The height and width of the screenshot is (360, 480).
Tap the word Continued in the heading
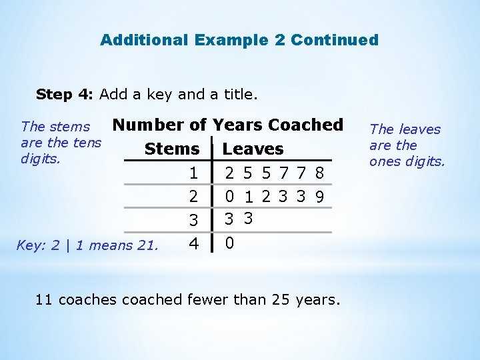click(x=335, y=40)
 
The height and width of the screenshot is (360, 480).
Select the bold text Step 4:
click(x=65, y=94)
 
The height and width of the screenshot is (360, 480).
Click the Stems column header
click(x=172, y=149)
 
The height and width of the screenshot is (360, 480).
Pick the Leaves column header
click(x=253, y=149)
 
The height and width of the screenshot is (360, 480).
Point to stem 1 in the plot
click(x=193, y=174)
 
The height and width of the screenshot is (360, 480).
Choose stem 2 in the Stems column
click(x=193, y=197)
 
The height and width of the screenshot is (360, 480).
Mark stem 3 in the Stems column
click(x=193, y=219)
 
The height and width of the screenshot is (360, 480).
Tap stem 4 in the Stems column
click(x=193, y=243)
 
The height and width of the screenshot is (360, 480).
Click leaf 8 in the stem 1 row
click(x=320, y=174)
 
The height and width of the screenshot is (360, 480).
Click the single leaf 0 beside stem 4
click(x=229, y=243)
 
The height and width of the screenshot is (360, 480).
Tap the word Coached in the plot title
click(x=305, y=125)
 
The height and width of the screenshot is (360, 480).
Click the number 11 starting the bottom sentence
click(x=44, y=300)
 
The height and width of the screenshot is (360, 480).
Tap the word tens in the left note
click(x=87, y=143)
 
